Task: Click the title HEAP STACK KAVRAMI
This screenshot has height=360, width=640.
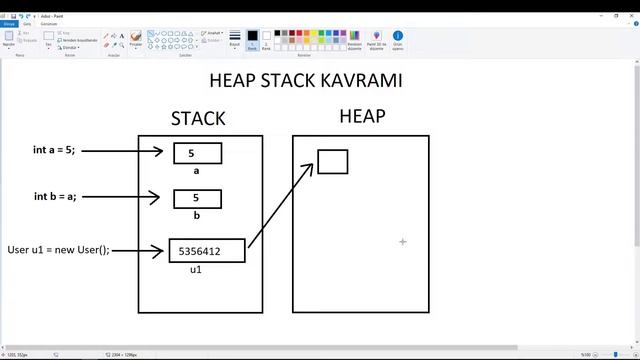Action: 306,80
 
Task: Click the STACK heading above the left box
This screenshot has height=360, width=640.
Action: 198,118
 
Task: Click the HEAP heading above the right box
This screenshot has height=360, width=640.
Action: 362,116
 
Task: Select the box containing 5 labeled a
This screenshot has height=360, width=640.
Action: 197,153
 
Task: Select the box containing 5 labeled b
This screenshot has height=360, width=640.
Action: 197,199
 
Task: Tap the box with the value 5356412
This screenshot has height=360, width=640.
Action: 206,251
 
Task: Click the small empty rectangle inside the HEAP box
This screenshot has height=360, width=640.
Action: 333,161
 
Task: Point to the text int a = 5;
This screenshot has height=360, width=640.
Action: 54,150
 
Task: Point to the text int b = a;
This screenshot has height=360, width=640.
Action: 54,197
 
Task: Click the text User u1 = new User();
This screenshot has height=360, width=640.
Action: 58,249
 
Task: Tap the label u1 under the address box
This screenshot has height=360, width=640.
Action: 197,271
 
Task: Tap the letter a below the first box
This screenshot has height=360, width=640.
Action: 197,171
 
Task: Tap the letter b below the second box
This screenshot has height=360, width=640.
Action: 197,215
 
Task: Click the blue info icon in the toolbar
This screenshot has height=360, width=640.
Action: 398,36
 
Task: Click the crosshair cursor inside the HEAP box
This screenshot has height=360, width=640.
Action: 403,241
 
